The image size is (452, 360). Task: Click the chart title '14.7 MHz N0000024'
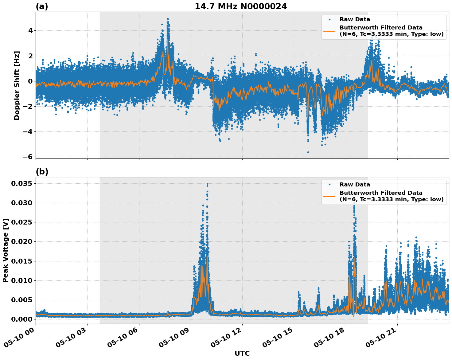pos(241,6)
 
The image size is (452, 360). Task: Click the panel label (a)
pos(42,6)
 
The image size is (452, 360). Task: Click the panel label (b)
pos(42,172)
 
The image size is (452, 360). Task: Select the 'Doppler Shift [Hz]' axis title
pos(17,85)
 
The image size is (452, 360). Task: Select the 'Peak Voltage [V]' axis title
pos(6,250)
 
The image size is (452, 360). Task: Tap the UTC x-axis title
pos(242,353)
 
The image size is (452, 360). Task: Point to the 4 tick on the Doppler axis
pos(30,31)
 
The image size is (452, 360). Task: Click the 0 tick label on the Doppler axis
pos(30,81)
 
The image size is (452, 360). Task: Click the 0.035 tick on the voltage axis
pos(22,184)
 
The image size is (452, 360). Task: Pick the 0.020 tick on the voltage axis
pos(22,242)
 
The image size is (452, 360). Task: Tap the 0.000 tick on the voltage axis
pos(22,319)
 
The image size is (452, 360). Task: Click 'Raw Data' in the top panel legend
pos(355,20)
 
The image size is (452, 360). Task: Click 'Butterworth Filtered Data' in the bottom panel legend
pos(381,193)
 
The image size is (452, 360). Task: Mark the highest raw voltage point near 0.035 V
pos(207,184)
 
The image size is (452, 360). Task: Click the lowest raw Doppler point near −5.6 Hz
pos(308,152)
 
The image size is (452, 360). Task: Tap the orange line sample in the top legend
pos(329,31)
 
